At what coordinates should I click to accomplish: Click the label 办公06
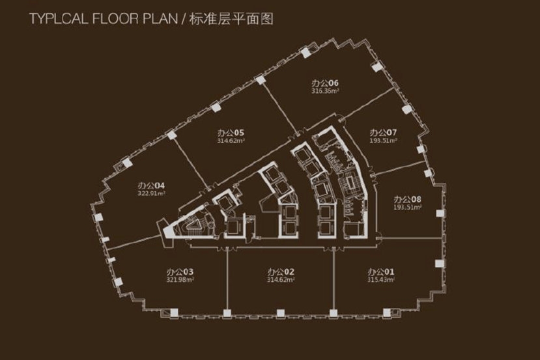click(325, 83)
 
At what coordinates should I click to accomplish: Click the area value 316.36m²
click(326, 92)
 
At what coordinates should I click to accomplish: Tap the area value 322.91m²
click(152, 193)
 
